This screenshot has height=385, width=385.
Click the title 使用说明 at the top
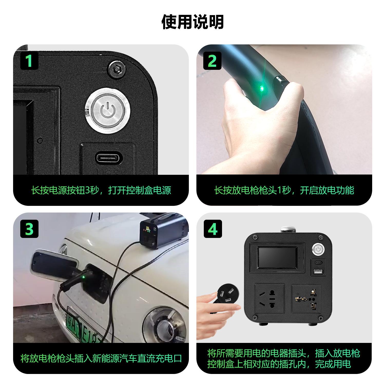pyautogui.click(x=192, y=22)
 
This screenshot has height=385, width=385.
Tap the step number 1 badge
pyautogui.click(x=29, y=61)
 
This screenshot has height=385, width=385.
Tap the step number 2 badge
pyautogui.click(x=212, y=61)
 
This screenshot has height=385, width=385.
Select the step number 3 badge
pyautogui.click(x=29, y=229)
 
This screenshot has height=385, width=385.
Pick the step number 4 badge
pyautogui.click(x=213, y=229)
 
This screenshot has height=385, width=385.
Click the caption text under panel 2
pyautogui.click(x=284, y=190)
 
